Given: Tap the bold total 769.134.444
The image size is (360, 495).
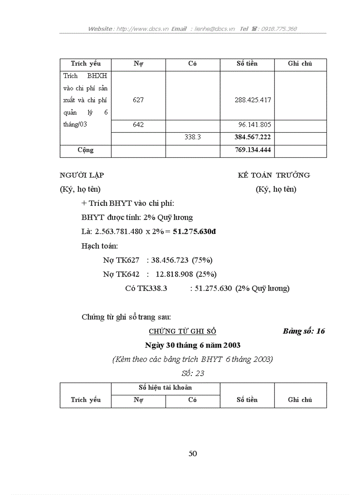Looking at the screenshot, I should [x=253, y=150].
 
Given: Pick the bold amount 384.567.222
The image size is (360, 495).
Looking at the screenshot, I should [x=253, y=137].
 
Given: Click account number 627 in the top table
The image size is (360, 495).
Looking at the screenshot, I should [x=138, y=100].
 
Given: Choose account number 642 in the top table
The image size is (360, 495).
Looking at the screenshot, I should [x=138, y=125].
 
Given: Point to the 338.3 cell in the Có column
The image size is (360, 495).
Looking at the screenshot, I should [x=192, y=137].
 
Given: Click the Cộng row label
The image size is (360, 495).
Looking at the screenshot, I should [x=86, y=150].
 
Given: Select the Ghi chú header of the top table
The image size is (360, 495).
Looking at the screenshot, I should [x=300, y=63].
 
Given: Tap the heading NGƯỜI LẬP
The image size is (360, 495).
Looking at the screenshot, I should [x=82, y=175].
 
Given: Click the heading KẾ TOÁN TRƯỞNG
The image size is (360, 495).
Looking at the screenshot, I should [x=274, y=175].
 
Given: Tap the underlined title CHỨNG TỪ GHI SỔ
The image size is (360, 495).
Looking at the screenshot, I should [x=182, y=331].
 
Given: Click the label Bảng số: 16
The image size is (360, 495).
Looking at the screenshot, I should [x=304, y=331].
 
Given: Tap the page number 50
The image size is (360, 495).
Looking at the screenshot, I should [x=193, y=454].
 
